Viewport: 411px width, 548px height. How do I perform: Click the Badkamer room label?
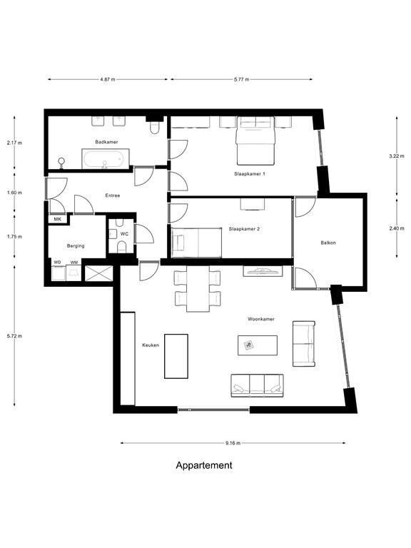[106, 142]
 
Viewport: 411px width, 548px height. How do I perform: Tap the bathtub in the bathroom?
[106, 159]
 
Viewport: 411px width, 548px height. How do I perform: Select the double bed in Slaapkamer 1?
[255, 141]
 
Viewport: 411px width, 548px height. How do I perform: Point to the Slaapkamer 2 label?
[244, 229]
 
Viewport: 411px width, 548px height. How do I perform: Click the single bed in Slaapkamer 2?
[197, 243]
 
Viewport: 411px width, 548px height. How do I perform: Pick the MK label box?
[58, 219]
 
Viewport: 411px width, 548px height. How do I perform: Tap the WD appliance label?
[57, 262]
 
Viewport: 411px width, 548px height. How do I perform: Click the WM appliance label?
[74, 262]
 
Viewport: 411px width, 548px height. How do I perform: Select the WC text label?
[124, 234]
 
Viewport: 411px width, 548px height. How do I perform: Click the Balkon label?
[328, 243]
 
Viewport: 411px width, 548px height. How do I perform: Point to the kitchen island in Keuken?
[176, 356]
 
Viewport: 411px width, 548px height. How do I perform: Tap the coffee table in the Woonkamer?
[258, 345]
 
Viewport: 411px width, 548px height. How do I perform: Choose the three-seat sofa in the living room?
[257, 386]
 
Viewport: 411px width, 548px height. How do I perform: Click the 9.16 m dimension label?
[233, 443]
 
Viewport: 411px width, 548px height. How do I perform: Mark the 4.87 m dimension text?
[108, 79]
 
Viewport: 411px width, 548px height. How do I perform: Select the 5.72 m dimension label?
[14, 336]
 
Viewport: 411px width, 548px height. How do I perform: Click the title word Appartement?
[204, 465]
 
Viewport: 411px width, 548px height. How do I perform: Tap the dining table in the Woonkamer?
[198, 289]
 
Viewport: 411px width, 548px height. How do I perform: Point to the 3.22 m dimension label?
[397, 156]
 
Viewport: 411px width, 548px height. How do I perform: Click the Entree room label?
[113, 196]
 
